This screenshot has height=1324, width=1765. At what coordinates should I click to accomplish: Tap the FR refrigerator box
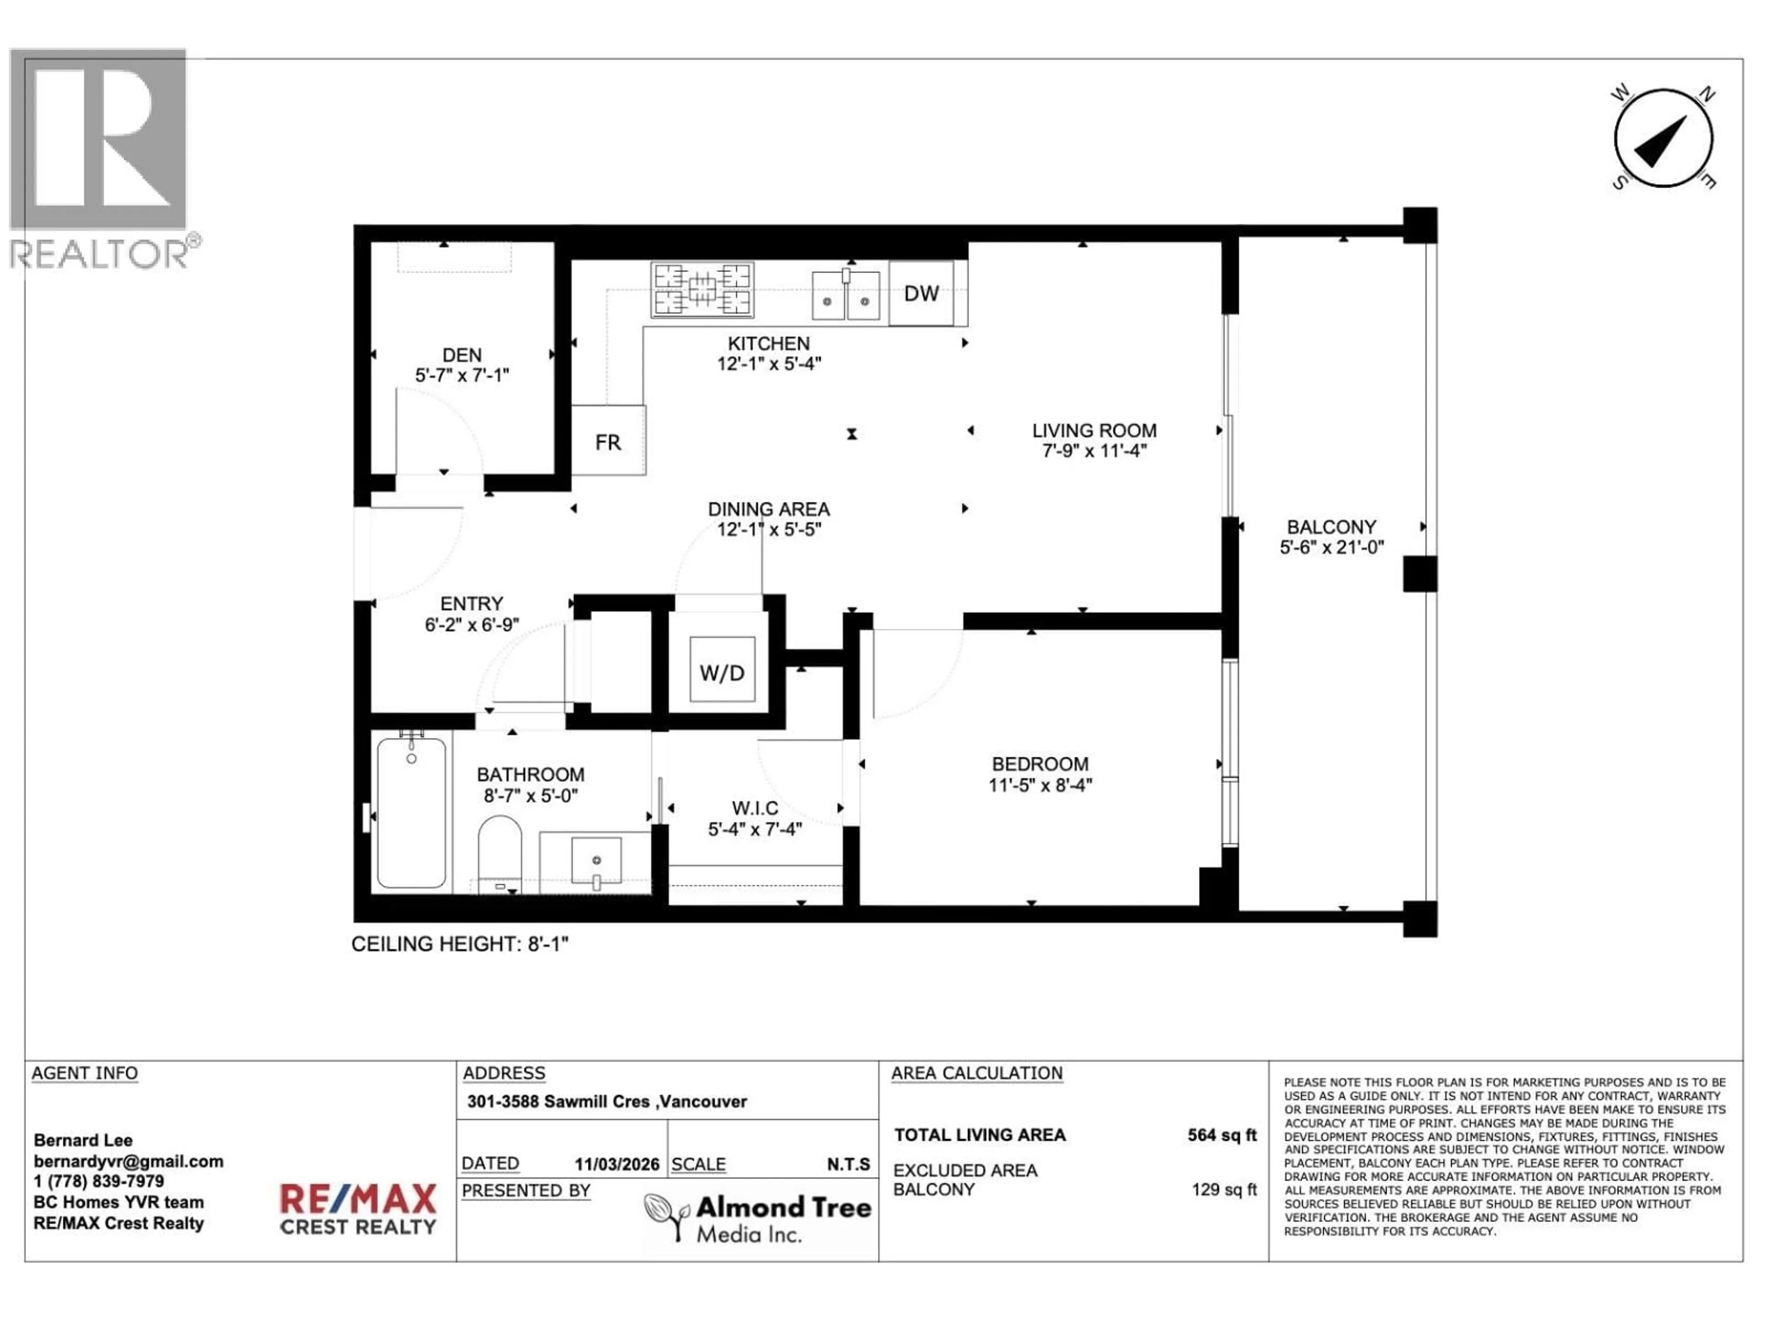(x=608, y=441)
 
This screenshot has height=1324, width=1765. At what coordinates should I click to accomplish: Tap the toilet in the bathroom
(x=500, y=850)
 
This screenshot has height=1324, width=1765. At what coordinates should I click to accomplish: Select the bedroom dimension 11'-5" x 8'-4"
(x=1040, y=784)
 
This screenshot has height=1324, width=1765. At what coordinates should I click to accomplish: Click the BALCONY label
(x=1331, y=527)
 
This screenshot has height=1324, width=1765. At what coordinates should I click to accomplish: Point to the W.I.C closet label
(x=755, y=808)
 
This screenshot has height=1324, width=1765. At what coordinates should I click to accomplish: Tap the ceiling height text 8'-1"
(x=547, y=944)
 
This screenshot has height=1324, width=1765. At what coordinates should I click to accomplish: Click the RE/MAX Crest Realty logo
(x=358, y=1208)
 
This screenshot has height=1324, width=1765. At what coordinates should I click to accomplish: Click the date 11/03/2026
(x=617, y=1164)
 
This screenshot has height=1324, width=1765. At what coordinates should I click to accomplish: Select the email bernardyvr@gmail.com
(x=128, y=1161)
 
